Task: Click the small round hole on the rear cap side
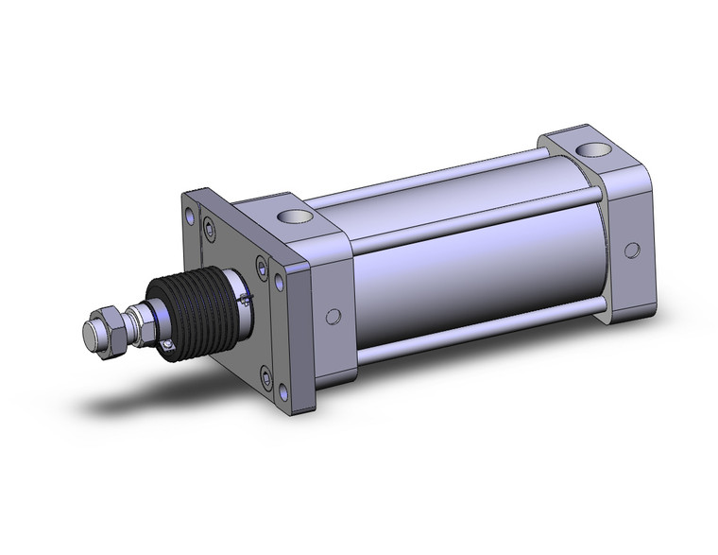click(x=628, y=250)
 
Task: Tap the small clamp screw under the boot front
click(x=168, y=346)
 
